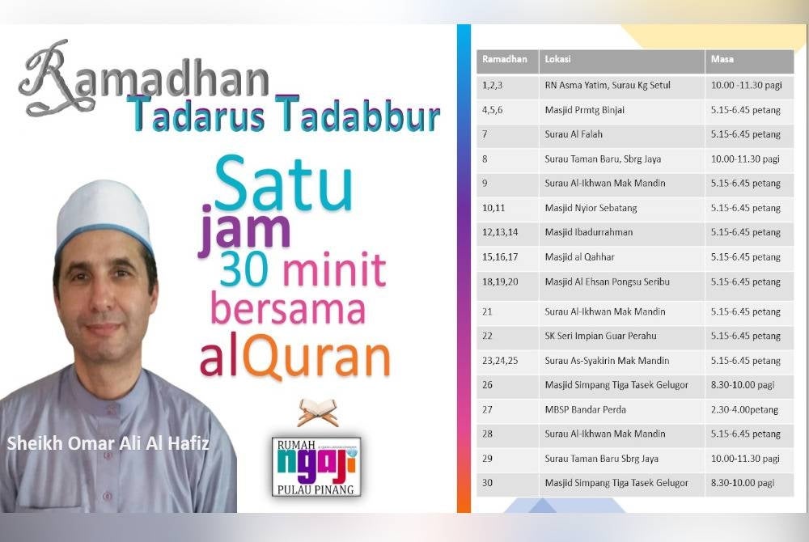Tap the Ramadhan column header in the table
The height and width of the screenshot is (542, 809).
505,60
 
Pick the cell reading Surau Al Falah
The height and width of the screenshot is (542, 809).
574,134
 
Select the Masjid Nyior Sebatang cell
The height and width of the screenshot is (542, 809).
591,208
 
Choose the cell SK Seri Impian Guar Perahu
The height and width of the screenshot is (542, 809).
600,336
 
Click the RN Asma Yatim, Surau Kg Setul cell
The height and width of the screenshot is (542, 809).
607,85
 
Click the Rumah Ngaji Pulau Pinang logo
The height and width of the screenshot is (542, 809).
316,465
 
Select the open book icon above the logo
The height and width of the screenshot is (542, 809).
316,412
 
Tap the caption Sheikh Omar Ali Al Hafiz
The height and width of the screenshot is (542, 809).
108,443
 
